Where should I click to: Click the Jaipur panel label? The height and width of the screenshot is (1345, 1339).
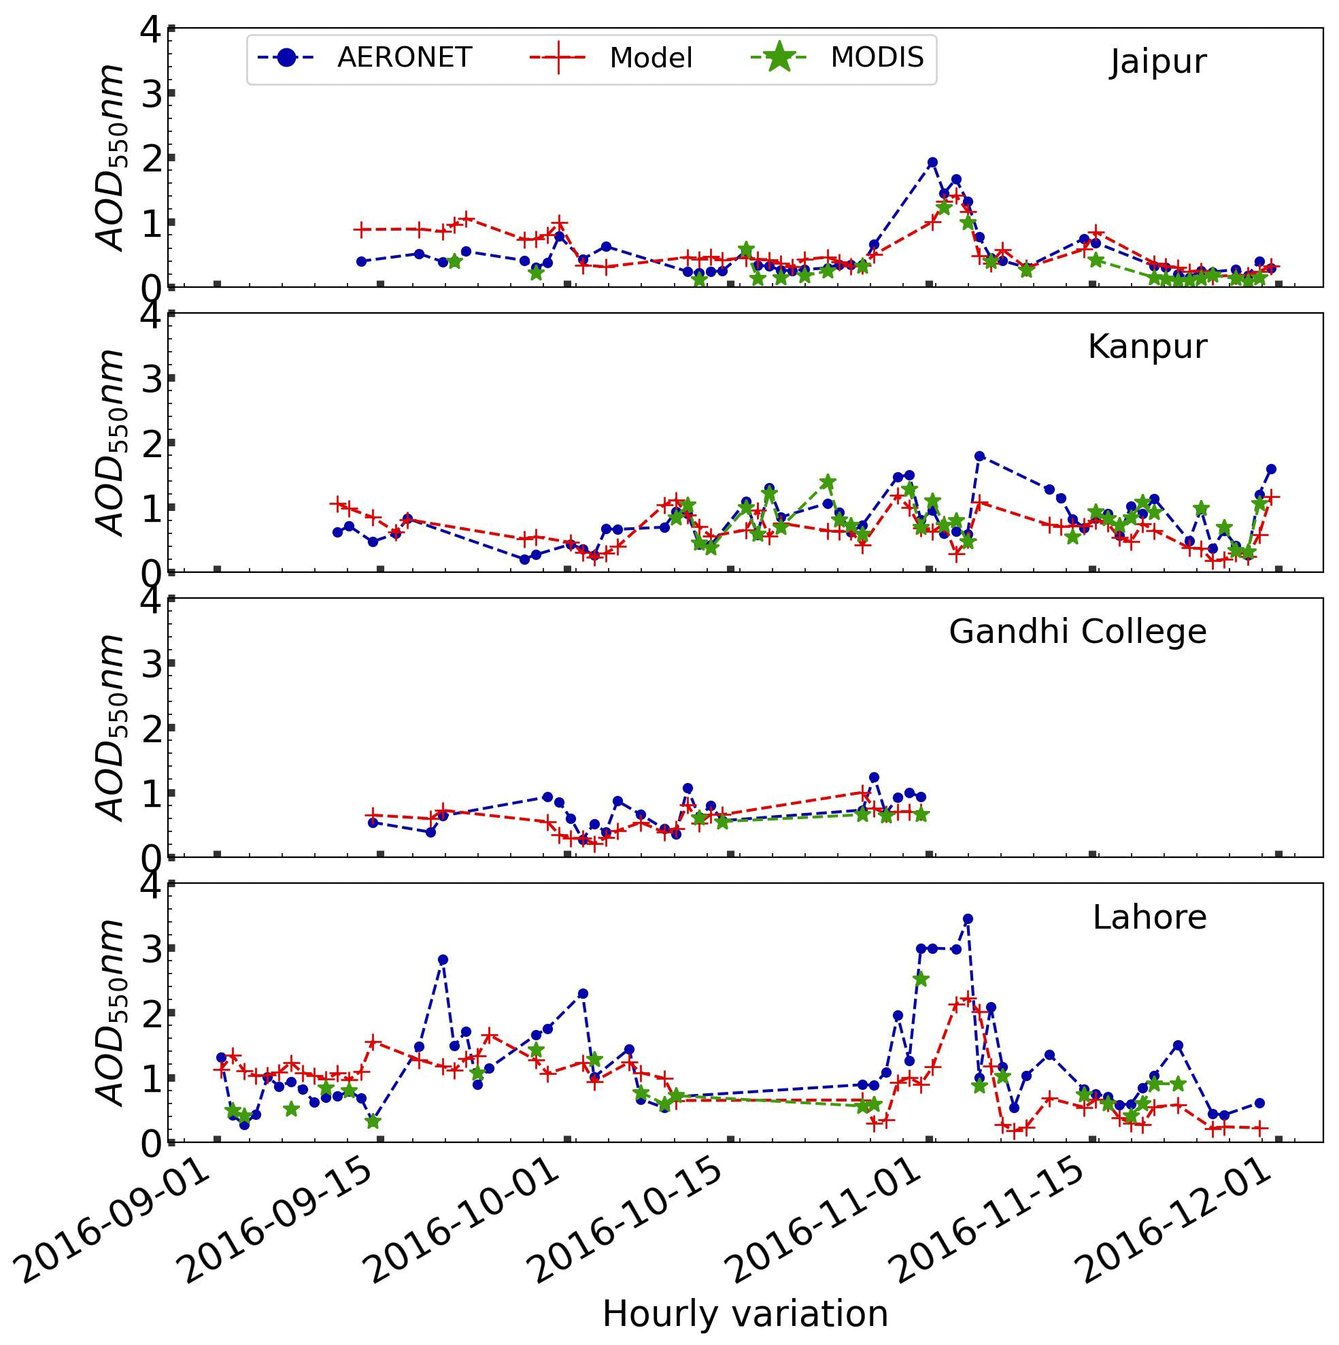coord(1157,63)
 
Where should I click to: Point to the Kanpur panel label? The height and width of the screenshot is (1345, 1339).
coord(1147,347)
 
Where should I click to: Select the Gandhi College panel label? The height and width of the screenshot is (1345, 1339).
coord(1077,632)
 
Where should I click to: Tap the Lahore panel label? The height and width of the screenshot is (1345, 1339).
coord(1149,918)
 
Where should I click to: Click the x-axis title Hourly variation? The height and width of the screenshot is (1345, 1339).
coord(745,1314)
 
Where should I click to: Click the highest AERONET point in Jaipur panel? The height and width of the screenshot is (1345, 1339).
coord(932,162)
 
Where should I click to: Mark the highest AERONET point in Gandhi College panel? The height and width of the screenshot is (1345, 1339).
coord(874,777)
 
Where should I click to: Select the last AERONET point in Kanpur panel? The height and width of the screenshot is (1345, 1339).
coord(1271,469)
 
